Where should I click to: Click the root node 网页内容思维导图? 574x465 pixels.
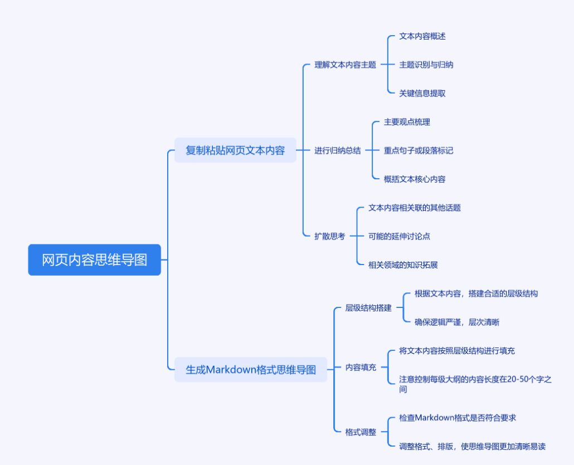click(x=94, y=260)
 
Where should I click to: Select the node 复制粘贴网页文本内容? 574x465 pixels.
click(x=235, y=150)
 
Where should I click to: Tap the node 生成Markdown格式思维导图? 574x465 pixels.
click(x=251, y=370)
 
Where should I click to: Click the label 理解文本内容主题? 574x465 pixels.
click(x=345, y=65)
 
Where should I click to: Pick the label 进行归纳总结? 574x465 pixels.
click(x=337, y=150)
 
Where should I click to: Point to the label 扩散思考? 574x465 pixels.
click(x=329, y=236)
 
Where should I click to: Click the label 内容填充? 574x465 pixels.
click(x=361, y=367)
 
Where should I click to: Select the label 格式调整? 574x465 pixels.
click(x=361, y=432)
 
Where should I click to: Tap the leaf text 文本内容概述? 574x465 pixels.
click(x=422, y=36)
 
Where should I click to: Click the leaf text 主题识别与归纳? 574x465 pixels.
click(x=426, y=65)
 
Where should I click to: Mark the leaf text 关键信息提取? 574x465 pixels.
click(x=422, y=94)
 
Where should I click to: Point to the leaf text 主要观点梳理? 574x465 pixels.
click(x=407, y=122)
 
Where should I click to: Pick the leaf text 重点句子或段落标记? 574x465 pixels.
click(x=419, y=150)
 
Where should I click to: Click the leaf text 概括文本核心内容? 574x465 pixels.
click(x=415, y=179)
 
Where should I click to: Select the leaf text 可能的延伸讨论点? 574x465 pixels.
click(x=399, y=236)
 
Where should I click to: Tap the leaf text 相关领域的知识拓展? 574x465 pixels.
click(x=403, y=265)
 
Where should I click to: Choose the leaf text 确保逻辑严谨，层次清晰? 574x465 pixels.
click(x=461, y=322)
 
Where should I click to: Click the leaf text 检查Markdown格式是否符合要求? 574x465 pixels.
click(x=461, y=418)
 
